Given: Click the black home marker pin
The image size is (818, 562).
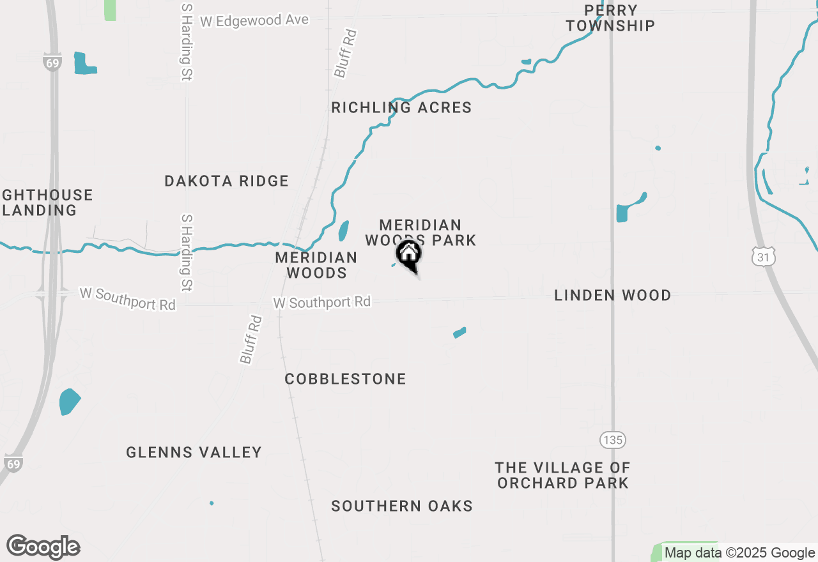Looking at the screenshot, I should tap(409, 255).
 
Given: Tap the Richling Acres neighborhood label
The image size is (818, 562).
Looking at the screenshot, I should tap(401, 107).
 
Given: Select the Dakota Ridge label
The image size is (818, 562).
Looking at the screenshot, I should tap(226, 181).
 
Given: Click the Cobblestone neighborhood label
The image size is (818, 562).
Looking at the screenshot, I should tap(345, 379).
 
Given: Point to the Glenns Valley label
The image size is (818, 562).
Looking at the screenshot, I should tap(194, 453).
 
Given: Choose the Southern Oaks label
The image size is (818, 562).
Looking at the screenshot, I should tap(401, 506).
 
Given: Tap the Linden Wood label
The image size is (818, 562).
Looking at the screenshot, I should tap(612, 296).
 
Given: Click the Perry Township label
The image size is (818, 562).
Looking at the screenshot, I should tap(610, 19).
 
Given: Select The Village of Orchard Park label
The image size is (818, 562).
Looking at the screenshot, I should tap(562, 476).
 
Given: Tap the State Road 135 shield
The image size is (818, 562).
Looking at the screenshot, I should tap(612, 440).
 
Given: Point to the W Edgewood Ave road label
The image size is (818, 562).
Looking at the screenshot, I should tap(254, 21).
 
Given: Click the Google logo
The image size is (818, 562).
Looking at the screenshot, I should tap(43, 547).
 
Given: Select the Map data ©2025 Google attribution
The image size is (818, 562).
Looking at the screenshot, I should tap(739, 553).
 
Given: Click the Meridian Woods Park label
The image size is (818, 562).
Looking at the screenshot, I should tap(421, 232).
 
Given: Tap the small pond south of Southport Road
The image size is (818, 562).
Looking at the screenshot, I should tap(459, 333).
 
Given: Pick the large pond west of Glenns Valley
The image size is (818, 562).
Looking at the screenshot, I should tap(69, 402).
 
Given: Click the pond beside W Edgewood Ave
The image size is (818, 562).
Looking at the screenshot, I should tap(83, 64).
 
